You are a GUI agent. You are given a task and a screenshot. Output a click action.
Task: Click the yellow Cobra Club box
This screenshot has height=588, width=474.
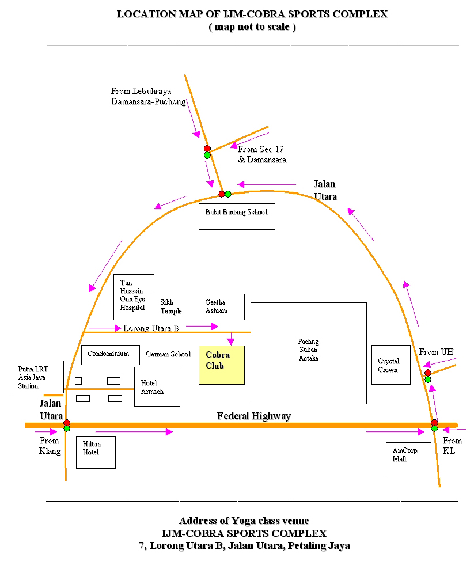click(x=222, y=365)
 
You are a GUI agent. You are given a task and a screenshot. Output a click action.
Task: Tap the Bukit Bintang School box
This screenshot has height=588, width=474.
click(x=237, y=217)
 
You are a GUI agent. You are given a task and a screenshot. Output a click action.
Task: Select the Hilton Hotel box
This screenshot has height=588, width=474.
click(x=96, y=452)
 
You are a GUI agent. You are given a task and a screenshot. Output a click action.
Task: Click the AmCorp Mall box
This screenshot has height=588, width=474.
click(x=408, y=458)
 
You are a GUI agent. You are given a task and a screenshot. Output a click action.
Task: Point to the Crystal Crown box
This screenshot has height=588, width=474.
click(x=390, y=365)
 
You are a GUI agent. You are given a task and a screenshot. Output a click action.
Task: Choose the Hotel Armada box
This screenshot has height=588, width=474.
click(x=157, y=386)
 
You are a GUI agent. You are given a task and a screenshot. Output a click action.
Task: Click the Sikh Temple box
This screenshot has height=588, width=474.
click(x=176, y=307)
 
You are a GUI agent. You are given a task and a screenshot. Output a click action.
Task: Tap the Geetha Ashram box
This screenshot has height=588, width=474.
click(x=222, y=307)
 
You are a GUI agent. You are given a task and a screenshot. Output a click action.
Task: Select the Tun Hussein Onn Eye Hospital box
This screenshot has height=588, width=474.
click(x=134, y=297)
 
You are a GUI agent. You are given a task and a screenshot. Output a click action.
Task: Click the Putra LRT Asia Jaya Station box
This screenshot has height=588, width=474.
click(x=37, y=377)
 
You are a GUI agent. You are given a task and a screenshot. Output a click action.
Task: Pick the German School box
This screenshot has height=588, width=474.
click(x=169, y=355)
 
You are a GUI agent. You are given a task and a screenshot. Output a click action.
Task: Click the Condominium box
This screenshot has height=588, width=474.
click(x=111, y=355)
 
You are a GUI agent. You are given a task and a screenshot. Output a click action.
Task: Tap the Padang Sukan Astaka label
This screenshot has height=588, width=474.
click(x=308, y=350)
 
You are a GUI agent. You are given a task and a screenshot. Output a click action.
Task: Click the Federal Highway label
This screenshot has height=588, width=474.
click(x=254, y=416)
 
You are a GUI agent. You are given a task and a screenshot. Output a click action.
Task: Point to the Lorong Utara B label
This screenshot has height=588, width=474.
click(x=151, y=328)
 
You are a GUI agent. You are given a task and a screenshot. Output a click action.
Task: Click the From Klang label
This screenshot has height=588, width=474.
click(x=50, y=446)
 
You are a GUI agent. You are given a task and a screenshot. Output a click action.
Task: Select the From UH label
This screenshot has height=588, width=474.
click(x=436, y=352)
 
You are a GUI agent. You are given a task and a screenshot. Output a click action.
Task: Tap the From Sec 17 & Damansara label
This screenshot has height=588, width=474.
click(x=261, y=154)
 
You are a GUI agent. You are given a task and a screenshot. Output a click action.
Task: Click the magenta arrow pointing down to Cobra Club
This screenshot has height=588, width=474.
click(x=230, y=339)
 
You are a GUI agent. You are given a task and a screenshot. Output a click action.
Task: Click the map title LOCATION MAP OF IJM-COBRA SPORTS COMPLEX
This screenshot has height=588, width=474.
click(x=252, y=14)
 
